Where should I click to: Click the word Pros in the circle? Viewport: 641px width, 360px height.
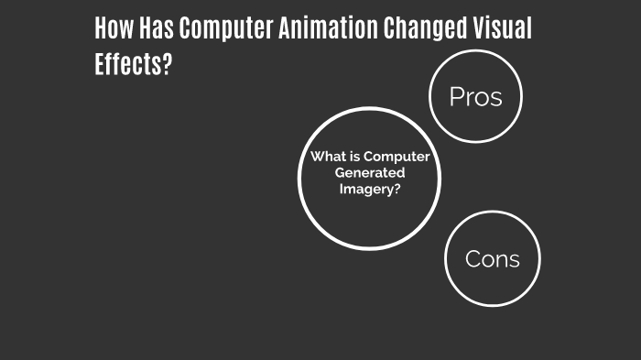click(475, 97)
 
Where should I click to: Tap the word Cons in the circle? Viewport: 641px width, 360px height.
click(492, 258)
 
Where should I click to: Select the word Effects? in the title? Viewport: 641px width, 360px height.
click(133, 66)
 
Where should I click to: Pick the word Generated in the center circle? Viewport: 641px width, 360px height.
click(370, 172)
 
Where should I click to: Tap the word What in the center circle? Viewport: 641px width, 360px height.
click(327, 157)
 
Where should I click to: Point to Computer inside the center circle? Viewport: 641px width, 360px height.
click(397, 157)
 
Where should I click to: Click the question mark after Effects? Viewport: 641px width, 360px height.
click(167, 66)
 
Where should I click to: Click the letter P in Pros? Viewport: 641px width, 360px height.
click(456, 97)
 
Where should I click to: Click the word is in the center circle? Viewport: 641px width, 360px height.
click(354, 157)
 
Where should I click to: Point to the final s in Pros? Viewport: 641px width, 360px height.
click(496, 98)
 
